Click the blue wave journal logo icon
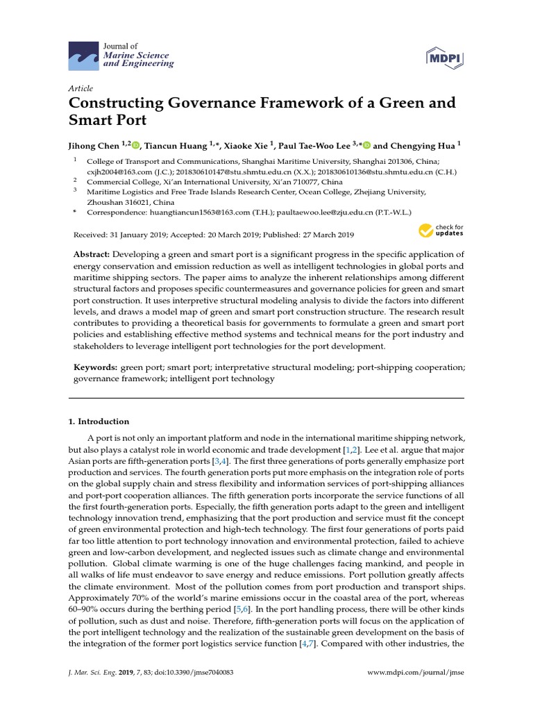coord(83,55)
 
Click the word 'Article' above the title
coord(81,88)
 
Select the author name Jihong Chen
coord(94,146)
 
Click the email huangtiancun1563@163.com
coord(183,212)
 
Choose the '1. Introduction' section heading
coord(99,421)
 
